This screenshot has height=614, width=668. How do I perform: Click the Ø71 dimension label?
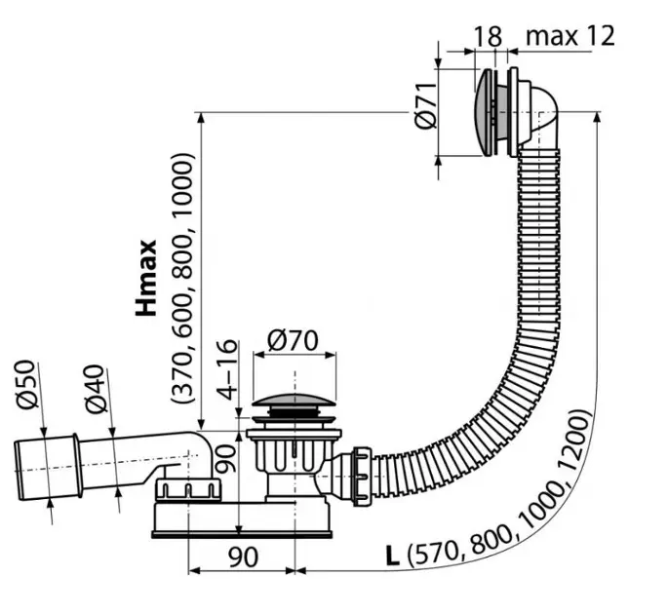click(x=425, y=105)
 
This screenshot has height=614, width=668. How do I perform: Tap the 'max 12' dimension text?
click(x=570, y=36)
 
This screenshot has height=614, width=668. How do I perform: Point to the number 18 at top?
click(x=488, y=37)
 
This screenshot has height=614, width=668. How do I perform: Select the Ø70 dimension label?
click(x=294, y=341)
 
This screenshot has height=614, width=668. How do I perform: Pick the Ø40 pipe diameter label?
click(x=95, y=389)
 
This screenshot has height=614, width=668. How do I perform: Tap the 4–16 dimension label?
click(x=226, y=369)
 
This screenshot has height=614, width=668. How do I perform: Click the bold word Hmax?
click(x=146, y=278)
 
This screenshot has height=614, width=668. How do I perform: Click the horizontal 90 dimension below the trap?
click(x=243, y=556)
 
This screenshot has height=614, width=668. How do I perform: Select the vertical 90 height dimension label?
click(x=225, y=458)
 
